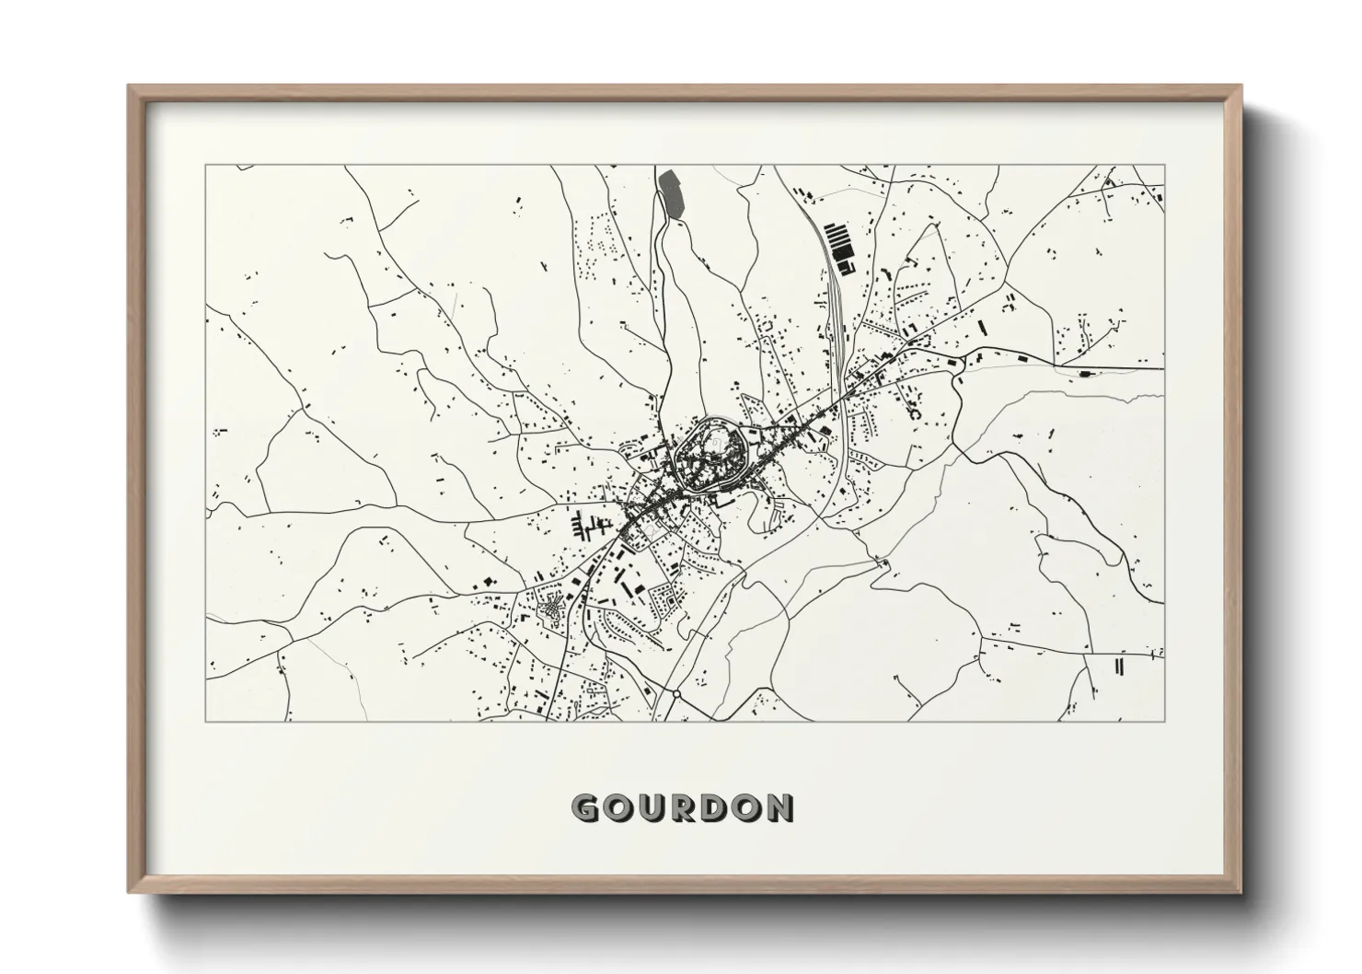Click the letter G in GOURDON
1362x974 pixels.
coord(585,808)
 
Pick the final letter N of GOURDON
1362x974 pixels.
coord(781,808)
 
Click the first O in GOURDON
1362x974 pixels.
coord(618,808)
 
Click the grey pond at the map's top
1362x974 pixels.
coord(671,192)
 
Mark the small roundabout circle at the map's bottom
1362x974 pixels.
coord(676,693)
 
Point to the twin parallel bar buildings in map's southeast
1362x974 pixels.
coord(1120,667)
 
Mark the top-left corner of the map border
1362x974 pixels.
coord(206,166)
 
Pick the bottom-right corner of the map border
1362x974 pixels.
coord(1164,721)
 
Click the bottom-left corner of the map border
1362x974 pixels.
coord(206,721)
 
